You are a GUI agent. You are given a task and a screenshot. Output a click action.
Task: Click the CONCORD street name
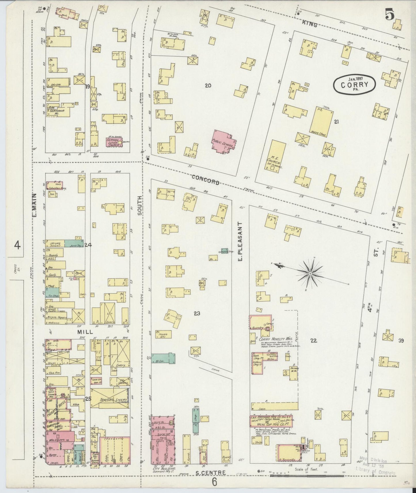[205, 179]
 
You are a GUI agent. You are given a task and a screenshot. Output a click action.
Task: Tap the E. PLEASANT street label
[241, 241]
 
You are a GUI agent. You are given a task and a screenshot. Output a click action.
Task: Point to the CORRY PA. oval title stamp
[354, 84]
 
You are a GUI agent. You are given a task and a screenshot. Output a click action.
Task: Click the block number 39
[401, 341]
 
